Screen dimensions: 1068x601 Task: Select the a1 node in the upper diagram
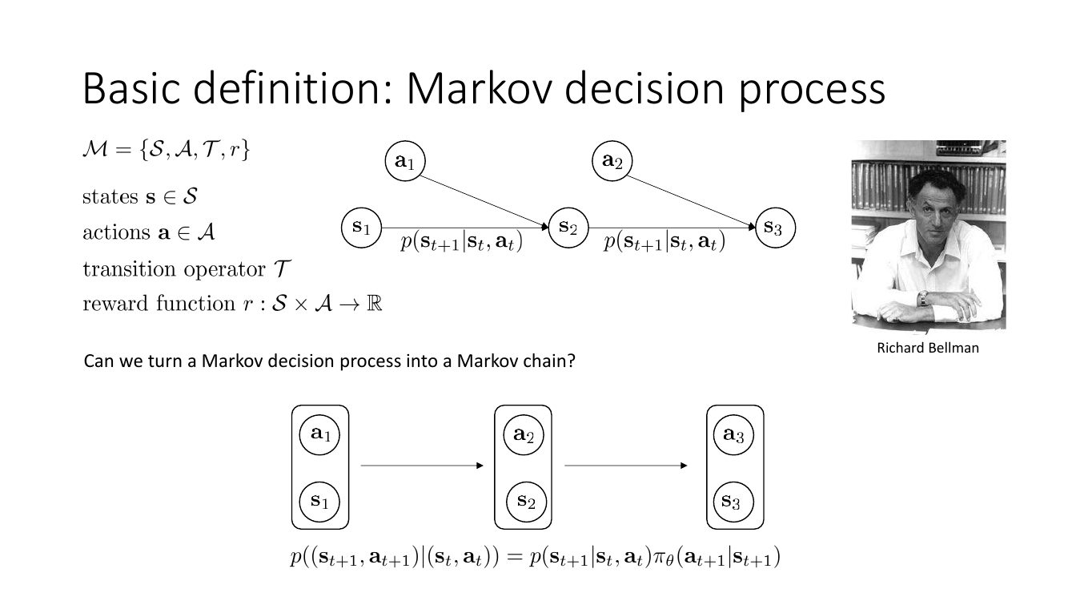click(x=405, y=161)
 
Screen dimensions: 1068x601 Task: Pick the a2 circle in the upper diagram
click(x=612, y=161)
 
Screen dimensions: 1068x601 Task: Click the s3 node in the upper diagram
click(x=776, y=228)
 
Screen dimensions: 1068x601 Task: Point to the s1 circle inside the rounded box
click(x=319, y=502)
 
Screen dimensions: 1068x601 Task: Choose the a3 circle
click(x=734, y=435)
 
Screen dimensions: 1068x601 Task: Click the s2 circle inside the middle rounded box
click(x=526, y=502)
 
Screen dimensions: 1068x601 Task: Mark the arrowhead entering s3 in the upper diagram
click(x=753, y=227)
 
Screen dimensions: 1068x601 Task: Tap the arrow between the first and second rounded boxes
click(x=422, y=466)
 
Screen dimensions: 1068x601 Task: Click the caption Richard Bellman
click(x=928, y=348)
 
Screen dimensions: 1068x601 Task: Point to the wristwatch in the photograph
click(x=922, y=298)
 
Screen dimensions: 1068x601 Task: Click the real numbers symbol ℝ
click(x=375, y=304)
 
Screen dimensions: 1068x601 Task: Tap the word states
click(x=110, y=197)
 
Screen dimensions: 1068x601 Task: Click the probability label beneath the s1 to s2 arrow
click(x=461, y=242)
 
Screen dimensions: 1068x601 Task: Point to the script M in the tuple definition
click(x=95, y=150)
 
